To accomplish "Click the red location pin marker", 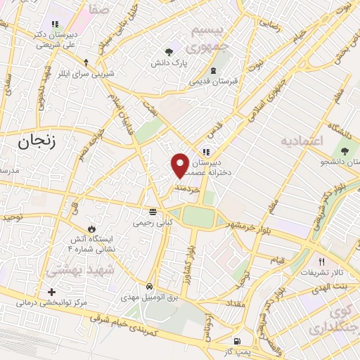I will (180, 165).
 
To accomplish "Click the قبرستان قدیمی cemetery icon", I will (214, 70).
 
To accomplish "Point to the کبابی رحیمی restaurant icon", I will (153, 212).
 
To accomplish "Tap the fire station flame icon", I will (91, 229).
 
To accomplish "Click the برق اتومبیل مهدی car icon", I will (149, 286).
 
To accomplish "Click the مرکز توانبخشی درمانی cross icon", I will (51, 292).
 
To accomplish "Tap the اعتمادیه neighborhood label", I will (302, 142).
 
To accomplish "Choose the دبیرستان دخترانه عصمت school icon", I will (205, 151).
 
